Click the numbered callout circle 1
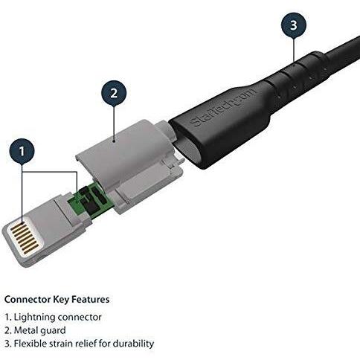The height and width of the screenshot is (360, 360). (x=22, y=151)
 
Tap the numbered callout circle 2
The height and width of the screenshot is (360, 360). (x=114, y=93)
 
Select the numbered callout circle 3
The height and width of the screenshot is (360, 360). (x=294, y=25)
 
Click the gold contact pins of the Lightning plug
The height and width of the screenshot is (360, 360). (x=25, y=237)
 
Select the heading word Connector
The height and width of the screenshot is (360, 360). (x=28, y=300)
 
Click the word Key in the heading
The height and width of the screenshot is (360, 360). (x=61, y=300)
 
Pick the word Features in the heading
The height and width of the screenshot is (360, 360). (x=91, y=300)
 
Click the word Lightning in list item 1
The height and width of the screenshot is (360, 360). (x=34, y=318)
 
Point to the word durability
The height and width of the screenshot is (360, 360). (x=133, y=344)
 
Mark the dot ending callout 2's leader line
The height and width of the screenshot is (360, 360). (x=114, y=141)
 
